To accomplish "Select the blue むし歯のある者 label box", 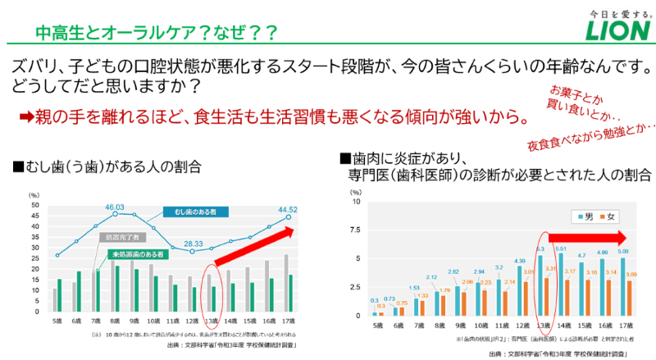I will coord(194,212).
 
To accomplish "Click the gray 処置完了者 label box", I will coord(121,237).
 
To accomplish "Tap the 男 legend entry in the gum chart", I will coord(584,216).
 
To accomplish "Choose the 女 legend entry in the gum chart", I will coord(612,216).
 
